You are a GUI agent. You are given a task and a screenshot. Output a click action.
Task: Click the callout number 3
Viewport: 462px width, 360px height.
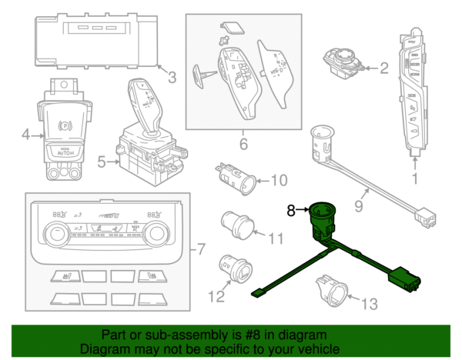172,77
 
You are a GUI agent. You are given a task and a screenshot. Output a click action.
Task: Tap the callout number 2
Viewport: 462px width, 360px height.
383,68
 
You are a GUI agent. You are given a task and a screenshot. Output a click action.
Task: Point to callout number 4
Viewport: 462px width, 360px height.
25,135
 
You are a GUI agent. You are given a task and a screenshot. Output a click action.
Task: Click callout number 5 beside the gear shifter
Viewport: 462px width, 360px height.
102,162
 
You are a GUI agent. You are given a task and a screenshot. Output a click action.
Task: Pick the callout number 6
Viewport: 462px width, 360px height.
243,144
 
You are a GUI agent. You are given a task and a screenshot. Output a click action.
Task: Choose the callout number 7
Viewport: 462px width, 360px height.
201,249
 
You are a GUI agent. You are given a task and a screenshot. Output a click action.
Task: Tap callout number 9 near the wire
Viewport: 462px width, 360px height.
357,205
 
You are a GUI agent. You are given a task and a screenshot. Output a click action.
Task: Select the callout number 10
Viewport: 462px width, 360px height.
278,181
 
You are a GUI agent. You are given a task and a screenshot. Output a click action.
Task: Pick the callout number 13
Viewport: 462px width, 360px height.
370,304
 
